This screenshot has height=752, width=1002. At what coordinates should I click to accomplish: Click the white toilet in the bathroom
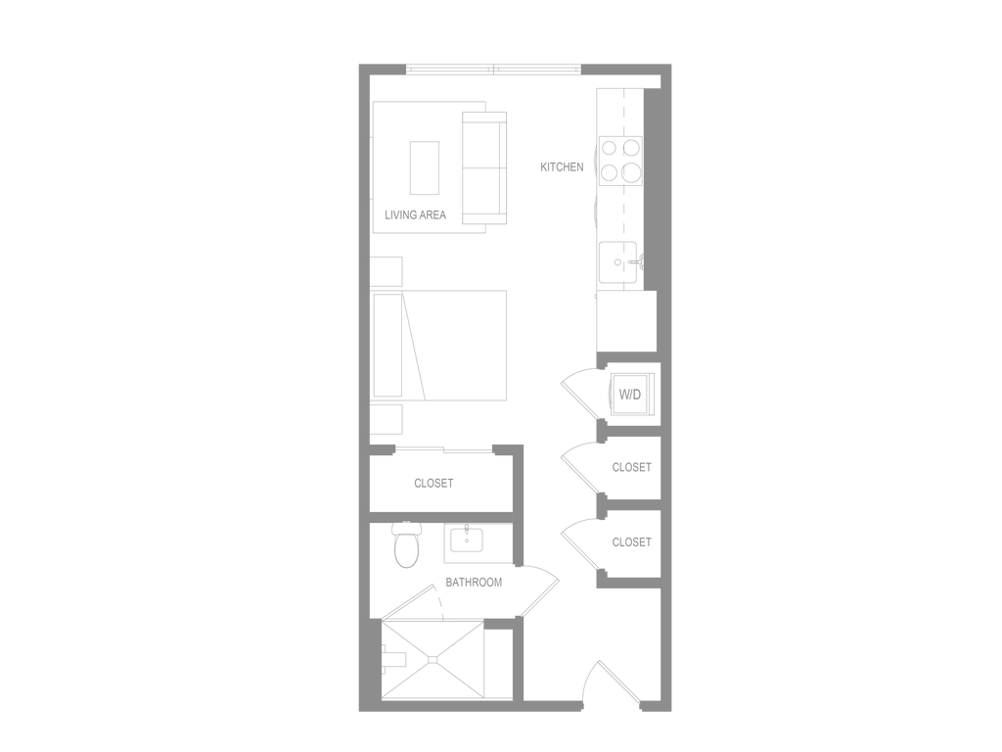(405, 546)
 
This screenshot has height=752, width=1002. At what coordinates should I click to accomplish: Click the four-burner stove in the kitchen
(619, 161)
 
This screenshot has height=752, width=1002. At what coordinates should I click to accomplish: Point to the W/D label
(630, 397)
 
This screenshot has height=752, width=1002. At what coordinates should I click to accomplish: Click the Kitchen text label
(562, 168)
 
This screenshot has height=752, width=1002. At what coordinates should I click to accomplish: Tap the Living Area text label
(417, 216)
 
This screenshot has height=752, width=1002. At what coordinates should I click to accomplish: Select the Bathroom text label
(474, 583)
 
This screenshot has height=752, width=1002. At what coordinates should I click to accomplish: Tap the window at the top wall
(493, 69)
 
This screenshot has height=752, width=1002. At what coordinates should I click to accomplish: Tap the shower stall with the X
(431, 658)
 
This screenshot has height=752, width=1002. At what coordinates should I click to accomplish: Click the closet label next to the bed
(433, 483)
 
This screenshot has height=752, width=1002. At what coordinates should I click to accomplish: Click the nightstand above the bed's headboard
(387, 270)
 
